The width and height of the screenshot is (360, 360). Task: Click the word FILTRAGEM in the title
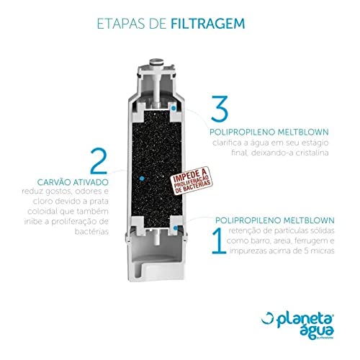212,22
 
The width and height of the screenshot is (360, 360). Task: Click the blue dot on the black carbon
141,176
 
